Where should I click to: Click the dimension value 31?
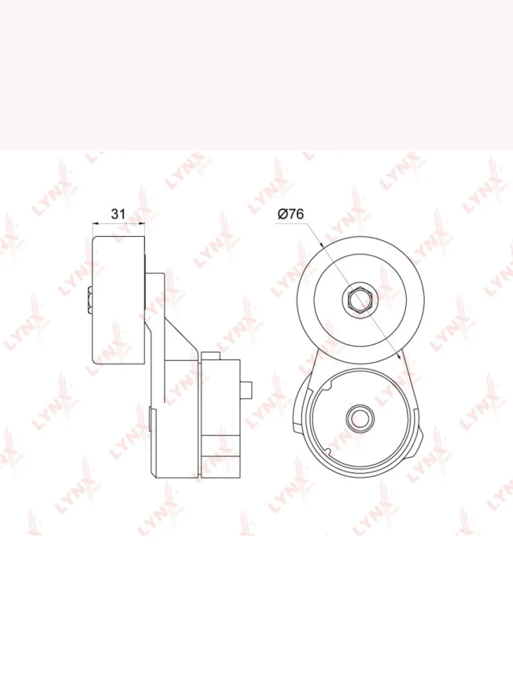[x=119, y=214]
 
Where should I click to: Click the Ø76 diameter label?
[x=291, y=214]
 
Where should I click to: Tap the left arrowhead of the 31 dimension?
[x=96, y=223]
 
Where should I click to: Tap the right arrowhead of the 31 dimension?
[x=142, y=223]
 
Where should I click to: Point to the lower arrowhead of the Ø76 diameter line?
[x=399, y=356]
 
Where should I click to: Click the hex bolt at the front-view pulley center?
[x=360, y=300]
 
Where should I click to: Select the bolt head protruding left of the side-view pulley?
[x=90, y=300]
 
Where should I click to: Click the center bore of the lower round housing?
[x=360, y=417]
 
